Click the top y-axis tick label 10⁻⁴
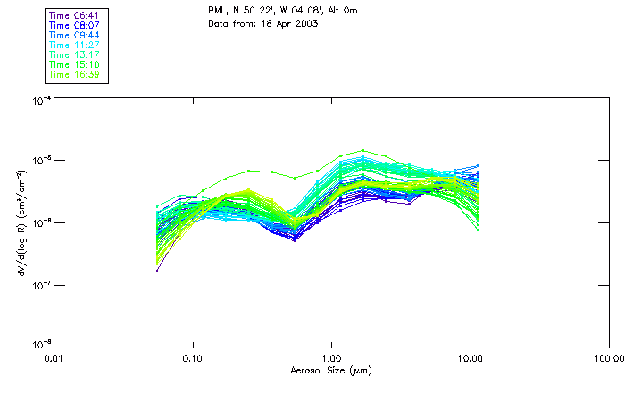(x=40, y=100)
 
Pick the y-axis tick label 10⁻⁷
(x=40, y=284)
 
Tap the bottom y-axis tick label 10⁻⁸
(x=40, y=345)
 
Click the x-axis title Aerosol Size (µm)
(x=330, y=370)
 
